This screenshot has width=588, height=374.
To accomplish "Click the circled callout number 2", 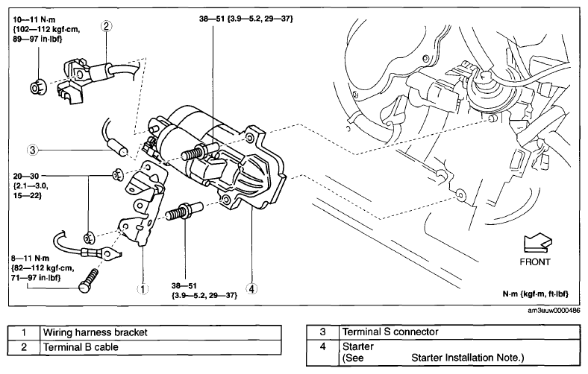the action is click(x=106, y=26).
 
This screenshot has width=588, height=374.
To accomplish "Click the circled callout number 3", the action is click(x=33, y=150).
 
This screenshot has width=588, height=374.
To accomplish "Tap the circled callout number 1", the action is click(x=143, y=289).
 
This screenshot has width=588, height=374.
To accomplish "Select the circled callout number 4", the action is click(x=251, y=289).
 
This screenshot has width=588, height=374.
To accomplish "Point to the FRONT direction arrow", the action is click(x=538, y=243).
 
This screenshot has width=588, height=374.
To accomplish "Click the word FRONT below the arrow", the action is click(x=535, y=262).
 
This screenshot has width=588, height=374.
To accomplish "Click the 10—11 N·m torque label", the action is click(x=34, y=20).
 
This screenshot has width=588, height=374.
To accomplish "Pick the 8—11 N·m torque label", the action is click(x=31, y=259).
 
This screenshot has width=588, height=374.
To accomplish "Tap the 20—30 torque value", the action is click(x=26, y=176).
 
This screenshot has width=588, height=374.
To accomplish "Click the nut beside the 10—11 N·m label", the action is click(x=37, y=87).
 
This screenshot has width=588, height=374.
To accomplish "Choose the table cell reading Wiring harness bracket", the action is click(x=160, y=332).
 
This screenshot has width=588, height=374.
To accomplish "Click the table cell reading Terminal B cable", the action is click(x=160, y=347).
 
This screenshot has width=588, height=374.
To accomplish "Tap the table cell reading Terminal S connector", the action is click(x=460, y=332).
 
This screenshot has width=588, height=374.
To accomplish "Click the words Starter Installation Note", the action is click(x=467, y=358).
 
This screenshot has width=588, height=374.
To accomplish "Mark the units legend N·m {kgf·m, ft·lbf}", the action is click(x=536, y=294).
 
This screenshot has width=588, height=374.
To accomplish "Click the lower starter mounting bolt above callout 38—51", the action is click(x=184, y=212).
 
